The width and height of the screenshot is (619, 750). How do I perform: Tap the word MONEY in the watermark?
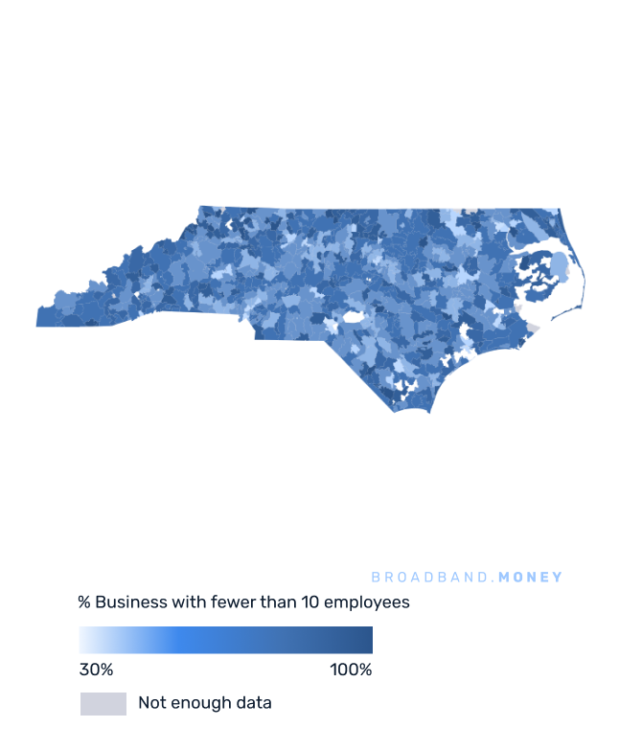(x=531, y=578)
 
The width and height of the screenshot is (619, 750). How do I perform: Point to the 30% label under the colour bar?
(x=96, y=670)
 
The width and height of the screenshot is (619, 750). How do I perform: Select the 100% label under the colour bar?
(x=351, y=670)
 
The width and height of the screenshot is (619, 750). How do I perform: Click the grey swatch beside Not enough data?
(x=103, y=704)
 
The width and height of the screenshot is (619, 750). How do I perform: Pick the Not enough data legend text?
(x=205, y=703)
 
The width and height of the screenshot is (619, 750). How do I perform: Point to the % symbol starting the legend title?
(x=84, y=602)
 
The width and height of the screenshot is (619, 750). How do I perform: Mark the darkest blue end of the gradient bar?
(x=369, y=640)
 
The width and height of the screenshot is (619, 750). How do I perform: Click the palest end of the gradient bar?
(x=82, y=640)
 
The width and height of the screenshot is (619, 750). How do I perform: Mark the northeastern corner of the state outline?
(x=560, y=210)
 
